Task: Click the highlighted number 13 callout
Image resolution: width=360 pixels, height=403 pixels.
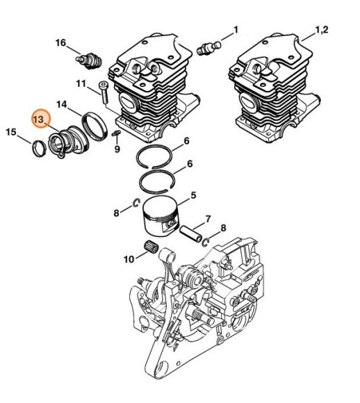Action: tap(41, 120)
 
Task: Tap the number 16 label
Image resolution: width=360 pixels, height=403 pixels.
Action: tap(61, 42)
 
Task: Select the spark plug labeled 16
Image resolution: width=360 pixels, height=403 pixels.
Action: tap(89, 61)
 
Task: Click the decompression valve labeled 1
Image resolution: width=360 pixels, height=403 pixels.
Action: tap(210, 47)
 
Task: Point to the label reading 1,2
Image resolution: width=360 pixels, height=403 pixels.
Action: tap(321, 30)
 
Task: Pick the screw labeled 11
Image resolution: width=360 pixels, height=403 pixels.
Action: tap(104, 92)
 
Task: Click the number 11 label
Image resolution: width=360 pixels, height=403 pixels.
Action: tap(81, 83)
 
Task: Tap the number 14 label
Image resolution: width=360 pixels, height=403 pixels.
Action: tap(62, 105)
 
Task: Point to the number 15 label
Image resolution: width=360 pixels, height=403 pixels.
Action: tap(11, 132)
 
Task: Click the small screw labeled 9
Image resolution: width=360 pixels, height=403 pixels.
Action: tap(117, 133)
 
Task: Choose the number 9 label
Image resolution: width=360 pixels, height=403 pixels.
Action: tap(117, 149)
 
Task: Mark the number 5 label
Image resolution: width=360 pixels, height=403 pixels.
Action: tap(193, 195)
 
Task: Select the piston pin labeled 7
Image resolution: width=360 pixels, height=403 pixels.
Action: tap(191, 233)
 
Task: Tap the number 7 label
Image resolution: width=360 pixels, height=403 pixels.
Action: tap(208, 219)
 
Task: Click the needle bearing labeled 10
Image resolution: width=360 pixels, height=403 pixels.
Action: tap(151, 247)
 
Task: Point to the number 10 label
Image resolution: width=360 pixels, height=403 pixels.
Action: tap(129, 260)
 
